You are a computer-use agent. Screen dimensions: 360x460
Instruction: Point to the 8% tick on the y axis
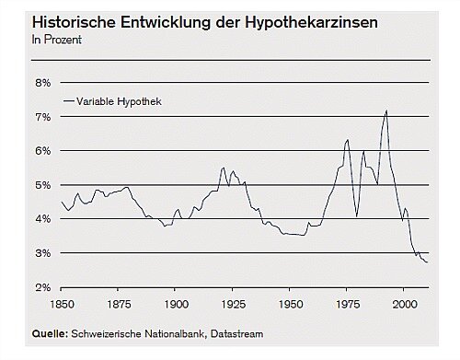pyautogui.click(x=42, y=82)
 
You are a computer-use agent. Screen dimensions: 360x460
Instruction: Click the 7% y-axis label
pyautogui.click(x=42, y=117)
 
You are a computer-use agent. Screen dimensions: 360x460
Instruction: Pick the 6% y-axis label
pyautogui.click(x=42, y=151)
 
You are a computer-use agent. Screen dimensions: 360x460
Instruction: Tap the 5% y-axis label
pyautogui.click(x=42, y=185)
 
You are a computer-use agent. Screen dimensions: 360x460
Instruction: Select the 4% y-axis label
pyautogui.click(x=42, y=219)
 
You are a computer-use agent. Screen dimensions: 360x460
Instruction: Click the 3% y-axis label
pyautogui.click(x=42, y=253)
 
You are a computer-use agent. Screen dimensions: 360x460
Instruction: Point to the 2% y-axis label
pyautogui.click(x=42, y=287)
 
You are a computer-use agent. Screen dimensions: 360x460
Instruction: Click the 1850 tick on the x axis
pyautogui.click(x=61, y=303)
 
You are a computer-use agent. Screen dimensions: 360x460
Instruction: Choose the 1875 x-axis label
pyautogui.click(x=118, y=303)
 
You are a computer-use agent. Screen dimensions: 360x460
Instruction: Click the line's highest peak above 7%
pyautogui.click(x=386, y=110)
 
